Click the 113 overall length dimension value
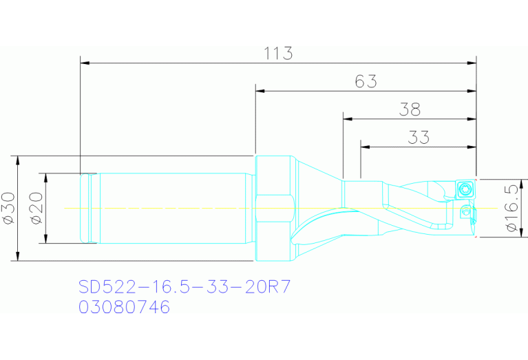(x=279, y=53)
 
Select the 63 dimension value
(x=366, y=81)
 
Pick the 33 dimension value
(x=418, y=137)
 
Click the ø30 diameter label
(x=8, y=208)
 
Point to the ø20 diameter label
(x=36, y=208)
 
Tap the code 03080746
(x=124, y=307)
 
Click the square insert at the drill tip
(x=466, y=188)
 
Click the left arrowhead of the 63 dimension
(x=260, y=90)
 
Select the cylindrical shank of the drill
(x=172, y=207)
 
